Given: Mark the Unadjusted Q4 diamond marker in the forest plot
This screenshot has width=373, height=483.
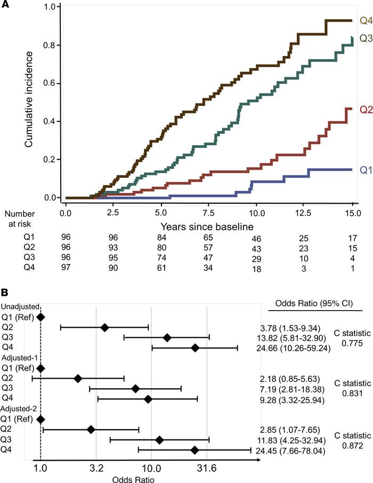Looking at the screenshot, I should point(195,347).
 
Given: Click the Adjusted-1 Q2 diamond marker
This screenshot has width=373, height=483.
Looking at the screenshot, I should point(78,378).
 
